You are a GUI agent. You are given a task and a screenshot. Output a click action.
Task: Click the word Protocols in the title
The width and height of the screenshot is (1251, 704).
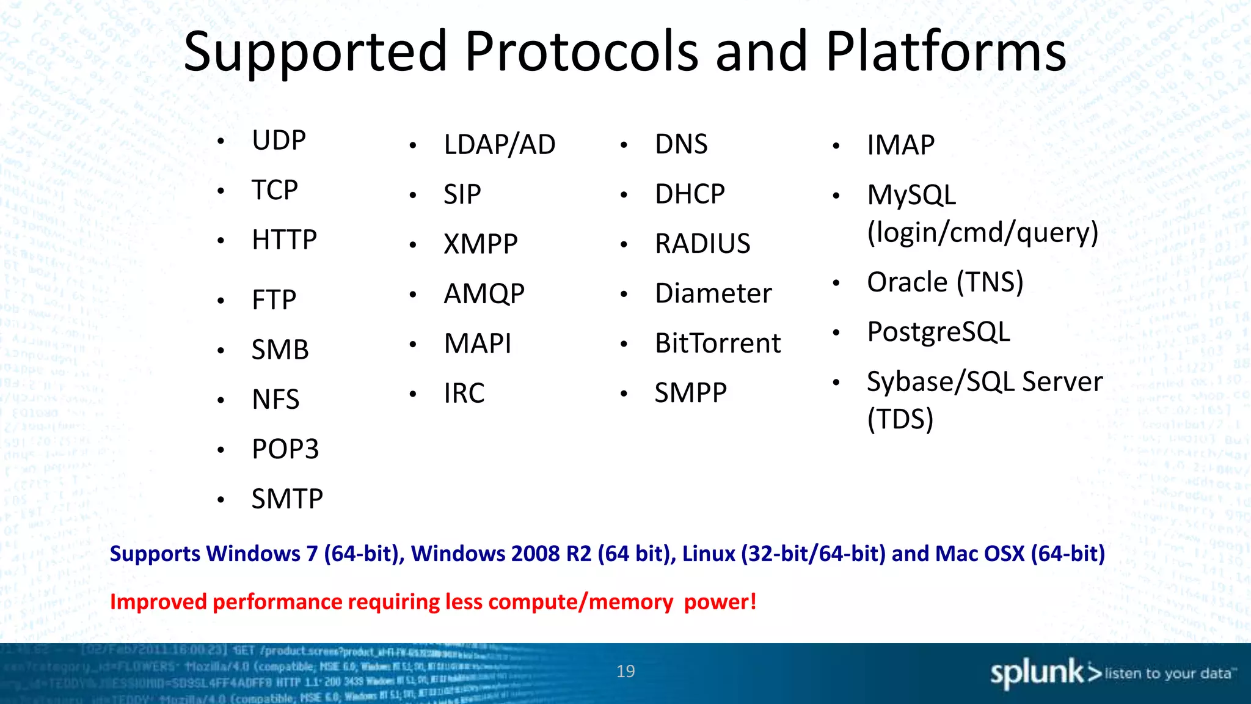pos(581,52)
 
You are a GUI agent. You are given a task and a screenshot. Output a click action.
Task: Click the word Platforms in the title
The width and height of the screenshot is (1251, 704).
pos(946,52)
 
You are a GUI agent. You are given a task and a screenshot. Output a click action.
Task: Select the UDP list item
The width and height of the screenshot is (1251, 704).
pos(279,141)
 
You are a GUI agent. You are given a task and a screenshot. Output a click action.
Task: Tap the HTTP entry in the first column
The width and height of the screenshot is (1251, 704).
pos(284,240)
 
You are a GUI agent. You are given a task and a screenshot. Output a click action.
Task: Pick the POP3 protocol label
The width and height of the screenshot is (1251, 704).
pos(285,449)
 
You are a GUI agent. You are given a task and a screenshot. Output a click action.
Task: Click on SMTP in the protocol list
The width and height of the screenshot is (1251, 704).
pos(287,499)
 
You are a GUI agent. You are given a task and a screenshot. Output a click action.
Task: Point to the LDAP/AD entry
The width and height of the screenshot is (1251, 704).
pos(499,145)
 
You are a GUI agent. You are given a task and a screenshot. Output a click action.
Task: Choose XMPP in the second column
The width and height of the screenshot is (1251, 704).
pos(480,244)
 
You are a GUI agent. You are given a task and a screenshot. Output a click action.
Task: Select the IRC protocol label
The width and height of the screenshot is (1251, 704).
pos(464,393)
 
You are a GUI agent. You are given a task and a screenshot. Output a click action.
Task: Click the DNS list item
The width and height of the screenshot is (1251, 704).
pos(680,145)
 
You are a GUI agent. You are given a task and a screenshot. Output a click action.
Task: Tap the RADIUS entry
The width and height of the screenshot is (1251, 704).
pos(702,244)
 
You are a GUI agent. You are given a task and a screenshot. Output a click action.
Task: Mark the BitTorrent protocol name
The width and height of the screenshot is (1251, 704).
pos(717,343)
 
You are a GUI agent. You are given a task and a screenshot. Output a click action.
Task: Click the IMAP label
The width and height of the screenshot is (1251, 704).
pos(900,145)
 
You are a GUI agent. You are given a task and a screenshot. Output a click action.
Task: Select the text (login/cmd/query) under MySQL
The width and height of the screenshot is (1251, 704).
pos(982,233)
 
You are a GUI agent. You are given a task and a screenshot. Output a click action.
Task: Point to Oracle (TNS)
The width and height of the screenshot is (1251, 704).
pos(944,282)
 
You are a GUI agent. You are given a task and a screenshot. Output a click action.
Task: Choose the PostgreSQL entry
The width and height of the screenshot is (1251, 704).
pos(938,332)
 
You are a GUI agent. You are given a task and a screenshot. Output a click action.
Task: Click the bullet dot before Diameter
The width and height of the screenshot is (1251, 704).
pos(624,295)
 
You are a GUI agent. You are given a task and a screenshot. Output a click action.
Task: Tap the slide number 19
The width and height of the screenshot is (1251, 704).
pos(625,671)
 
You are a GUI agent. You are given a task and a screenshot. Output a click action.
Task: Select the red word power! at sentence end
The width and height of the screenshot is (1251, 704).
pos(720,602)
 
